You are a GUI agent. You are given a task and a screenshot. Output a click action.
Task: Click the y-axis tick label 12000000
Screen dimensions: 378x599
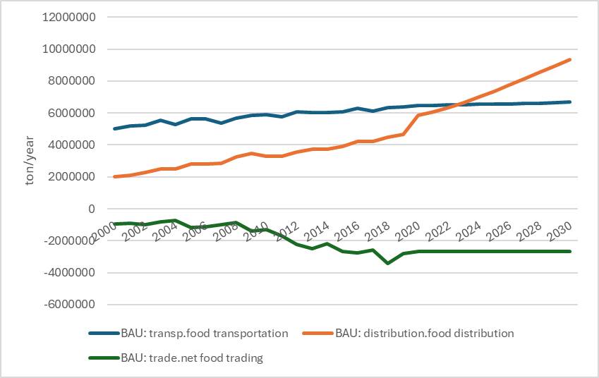(72, 18)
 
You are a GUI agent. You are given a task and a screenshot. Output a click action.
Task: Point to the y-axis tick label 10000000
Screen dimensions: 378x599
(72, 49)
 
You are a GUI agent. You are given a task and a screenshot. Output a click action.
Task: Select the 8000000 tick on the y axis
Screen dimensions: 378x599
(75, 81)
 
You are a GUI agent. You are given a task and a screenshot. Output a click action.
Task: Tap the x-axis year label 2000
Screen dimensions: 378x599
(103, 230)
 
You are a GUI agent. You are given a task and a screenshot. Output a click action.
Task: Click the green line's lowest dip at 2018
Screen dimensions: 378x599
(387, 263)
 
